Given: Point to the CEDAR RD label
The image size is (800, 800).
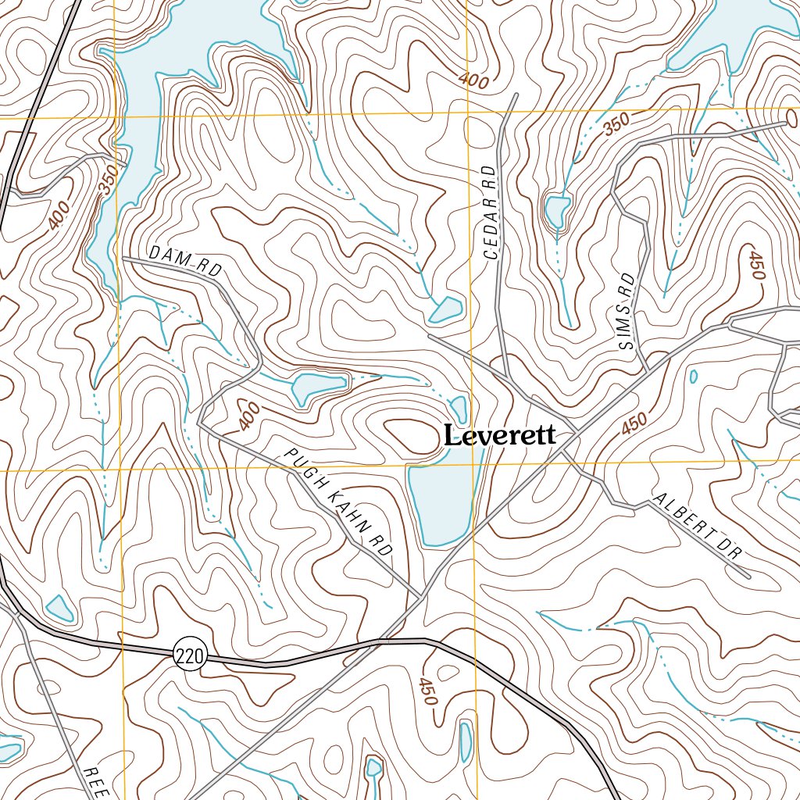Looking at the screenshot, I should (x=490, y=212).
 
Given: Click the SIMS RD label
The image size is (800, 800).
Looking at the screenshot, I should (x=627, y=311).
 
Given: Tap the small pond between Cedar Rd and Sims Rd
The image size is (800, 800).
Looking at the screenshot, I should (x=558, y=212).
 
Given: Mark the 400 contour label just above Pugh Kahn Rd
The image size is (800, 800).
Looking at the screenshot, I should (x=248, y=420).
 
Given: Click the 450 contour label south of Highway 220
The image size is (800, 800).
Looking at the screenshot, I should (x=427, y=691).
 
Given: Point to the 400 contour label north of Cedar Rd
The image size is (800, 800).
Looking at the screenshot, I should (x=473, y=80).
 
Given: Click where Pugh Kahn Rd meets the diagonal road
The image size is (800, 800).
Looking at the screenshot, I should (x=423, y=598).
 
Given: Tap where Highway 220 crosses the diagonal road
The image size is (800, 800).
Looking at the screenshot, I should (x=377, y=642).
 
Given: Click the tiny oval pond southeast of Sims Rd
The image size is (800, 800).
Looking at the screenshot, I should (x=693, y=377).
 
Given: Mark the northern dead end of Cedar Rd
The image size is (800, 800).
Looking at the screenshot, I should (x=515, y=96).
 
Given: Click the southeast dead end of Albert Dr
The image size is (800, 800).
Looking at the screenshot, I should (x=748, y=577).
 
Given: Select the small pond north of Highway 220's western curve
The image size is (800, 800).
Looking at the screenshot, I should (x=59, y=607).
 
